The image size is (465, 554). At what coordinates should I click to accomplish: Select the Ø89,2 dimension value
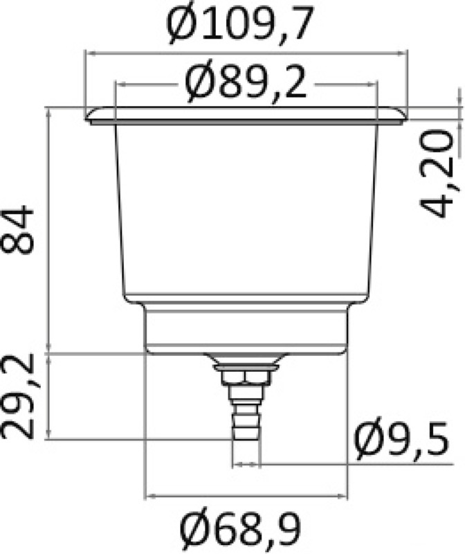tap(246, 84)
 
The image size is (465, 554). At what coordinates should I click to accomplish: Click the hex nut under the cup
tap(246, 377)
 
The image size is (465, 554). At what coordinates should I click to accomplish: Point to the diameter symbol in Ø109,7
tap(183, 26)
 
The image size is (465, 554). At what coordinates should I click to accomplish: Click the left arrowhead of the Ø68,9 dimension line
tap(148, 496)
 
